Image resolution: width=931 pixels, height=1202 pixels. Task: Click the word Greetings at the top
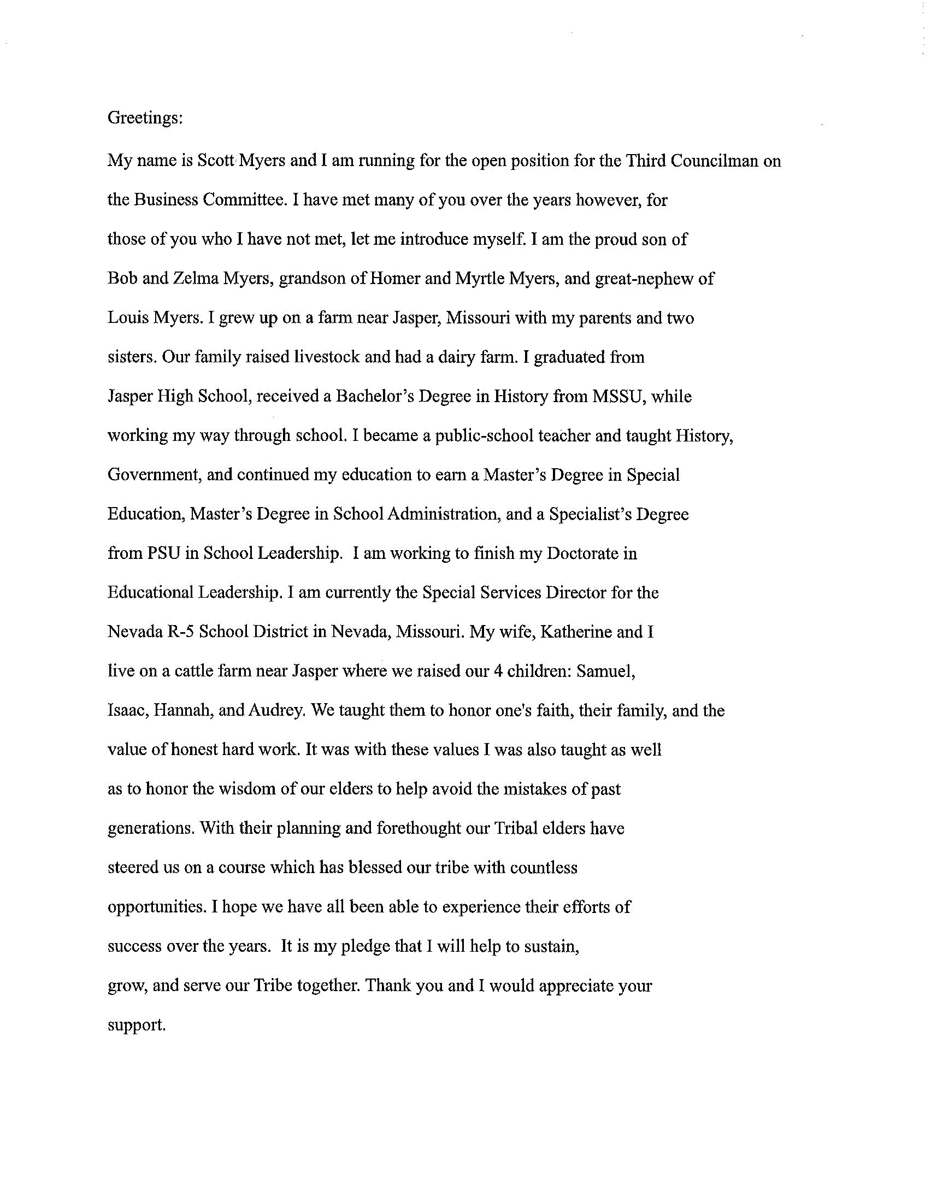point(145,119)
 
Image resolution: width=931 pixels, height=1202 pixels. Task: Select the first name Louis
point(129,318)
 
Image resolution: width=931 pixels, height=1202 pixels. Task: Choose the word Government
point(153,474)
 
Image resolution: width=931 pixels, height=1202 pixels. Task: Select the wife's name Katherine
point(576,632)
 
